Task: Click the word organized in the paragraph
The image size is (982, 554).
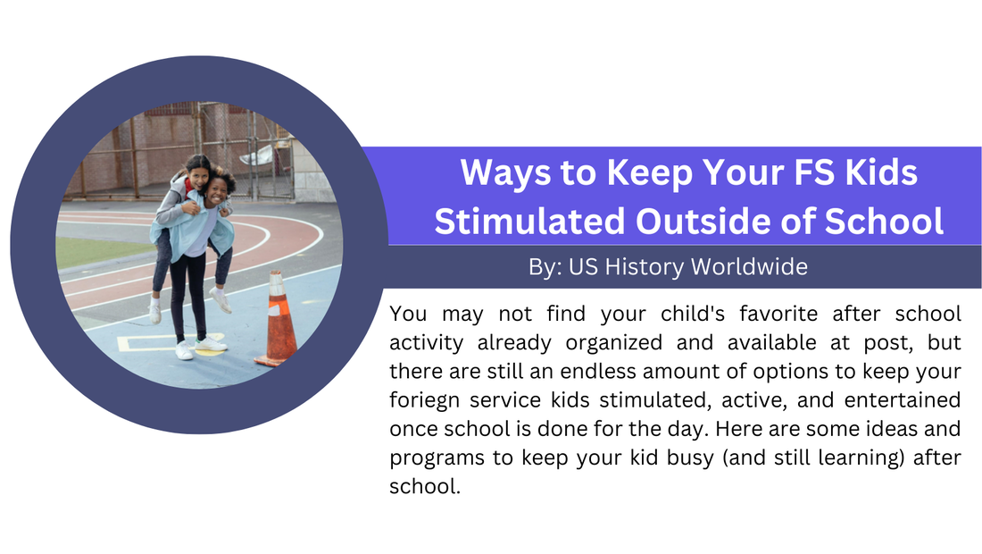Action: click(x=614, y=342)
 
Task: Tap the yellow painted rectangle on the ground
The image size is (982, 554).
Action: click(x=150, y=343)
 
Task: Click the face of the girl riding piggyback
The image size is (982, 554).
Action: click(x=198, y=175)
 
